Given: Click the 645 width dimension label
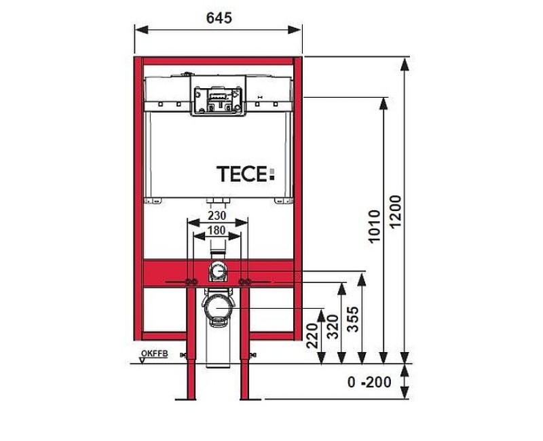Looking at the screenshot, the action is (x=219, y=18).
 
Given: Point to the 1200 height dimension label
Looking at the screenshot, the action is (x=396, y=211).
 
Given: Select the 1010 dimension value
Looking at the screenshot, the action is (x=375, y=227).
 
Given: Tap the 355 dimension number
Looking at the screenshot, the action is (x=353, y=319).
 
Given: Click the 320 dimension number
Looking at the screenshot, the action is (x=333, y=327).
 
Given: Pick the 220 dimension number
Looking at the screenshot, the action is (x=312, y=335).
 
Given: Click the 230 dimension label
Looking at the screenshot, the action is (x=217, y=215).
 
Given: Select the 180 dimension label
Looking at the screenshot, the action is (x=217, y=230).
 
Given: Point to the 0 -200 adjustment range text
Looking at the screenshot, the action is (x=369, y=382).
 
